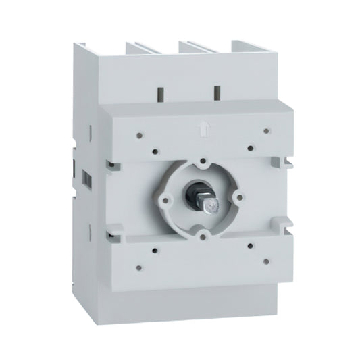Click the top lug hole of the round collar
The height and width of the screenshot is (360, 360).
pyautogui.click(x=205, y=162)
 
